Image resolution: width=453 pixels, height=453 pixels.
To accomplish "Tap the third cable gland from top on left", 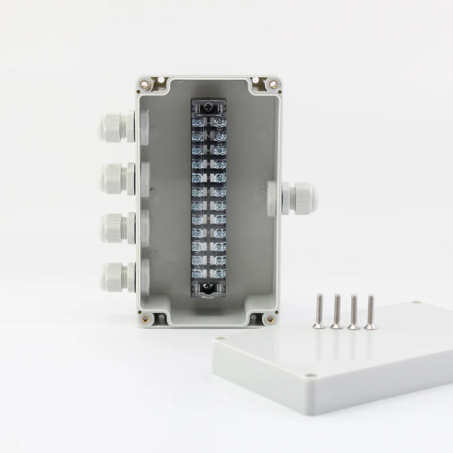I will pos(116,227).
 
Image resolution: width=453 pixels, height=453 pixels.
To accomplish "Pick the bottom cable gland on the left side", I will pos(116,276).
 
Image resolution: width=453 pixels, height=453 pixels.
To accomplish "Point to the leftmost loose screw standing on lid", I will pos(319,311).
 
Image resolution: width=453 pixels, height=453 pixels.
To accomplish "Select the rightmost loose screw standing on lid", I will pos(371,311).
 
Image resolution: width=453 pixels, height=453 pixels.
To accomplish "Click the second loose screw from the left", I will pos(336,311).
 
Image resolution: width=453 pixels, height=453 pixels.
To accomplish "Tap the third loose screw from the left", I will pos(354,311).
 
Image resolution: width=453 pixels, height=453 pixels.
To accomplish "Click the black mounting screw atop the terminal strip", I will pos(208,105).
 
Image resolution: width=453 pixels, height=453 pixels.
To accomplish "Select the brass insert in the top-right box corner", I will pos(272,84).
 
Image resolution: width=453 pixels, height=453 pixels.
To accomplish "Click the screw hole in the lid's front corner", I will pos(309,375).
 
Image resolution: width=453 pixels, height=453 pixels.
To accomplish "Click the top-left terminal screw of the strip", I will pos(196,122).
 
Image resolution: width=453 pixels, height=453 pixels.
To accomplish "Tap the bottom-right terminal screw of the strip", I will pos(219,273).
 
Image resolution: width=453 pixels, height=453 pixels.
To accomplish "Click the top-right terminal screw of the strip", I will pos(220,122).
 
